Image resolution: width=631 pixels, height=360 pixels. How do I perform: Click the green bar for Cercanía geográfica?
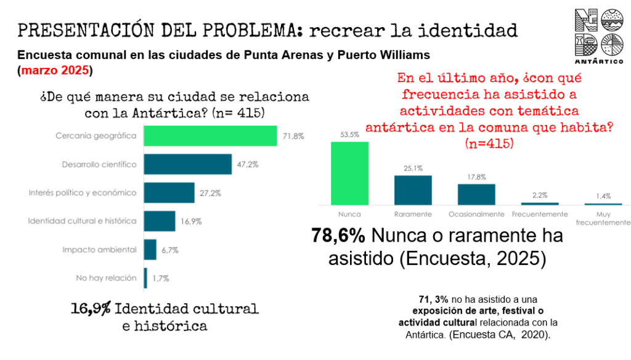tap(210, 136)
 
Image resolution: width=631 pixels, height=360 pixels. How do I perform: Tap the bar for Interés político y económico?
tap(169, 192)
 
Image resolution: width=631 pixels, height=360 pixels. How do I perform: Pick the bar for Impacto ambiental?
tap(150, 250)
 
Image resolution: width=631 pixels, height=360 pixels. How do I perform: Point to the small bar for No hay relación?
tap(145, 278)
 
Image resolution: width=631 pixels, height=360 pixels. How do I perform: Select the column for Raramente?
tap(413, 190)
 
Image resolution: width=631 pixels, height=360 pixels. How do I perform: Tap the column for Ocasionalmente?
tap(476, 194)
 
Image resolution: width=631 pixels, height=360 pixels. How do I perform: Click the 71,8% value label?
tap(293, 136)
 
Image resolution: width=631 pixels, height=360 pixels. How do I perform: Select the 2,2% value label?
tap(540, 195)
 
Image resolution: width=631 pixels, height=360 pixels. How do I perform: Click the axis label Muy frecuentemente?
tap(603, 218)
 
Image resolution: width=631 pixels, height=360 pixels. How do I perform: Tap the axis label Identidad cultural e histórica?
tap(83, 221)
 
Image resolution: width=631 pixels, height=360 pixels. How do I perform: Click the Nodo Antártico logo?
tap(598, 36)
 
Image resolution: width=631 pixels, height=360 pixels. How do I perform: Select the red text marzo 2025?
tap(55, 70)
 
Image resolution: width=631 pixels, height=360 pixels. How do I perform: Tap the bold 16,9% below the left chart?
tap(90, 308)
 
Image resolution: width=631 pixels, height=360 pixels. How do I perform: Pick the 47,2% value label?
tap(243, 165)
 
